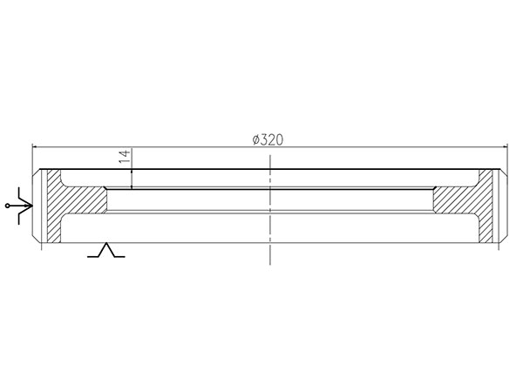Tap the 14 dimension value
tap(125, 157)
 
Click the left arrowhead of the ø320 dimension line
tap(36, 146)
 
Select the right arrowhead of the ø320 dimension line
tap(503, 146)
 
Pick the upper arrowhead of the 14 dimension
tap(132, 171)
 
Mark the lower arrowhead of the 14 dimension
tap(132, 186)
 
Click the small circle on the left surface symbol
tap(9, 206)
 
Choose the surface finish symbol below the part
tap(107, 252)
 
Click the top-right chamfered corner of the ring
tap(502, 173)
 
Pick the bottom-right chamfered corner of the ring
tap(502, 240)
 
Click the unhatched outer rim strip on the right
tap(499, 206)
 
